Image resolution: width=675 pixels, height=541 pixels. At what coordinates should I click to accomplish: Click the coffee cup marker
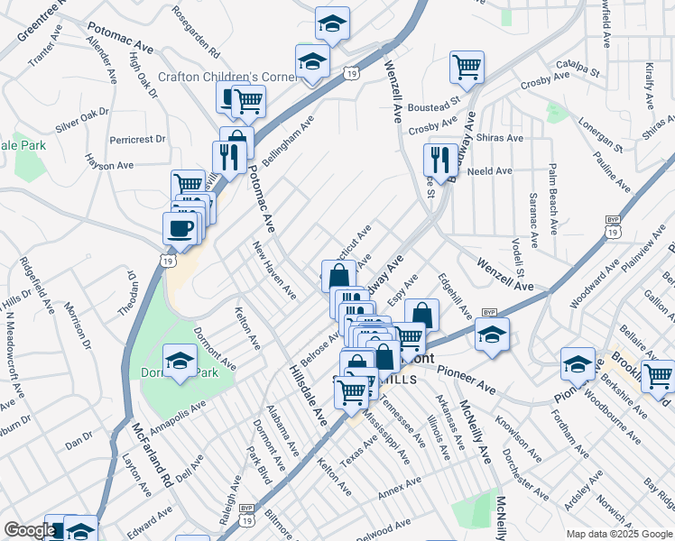[180, 226]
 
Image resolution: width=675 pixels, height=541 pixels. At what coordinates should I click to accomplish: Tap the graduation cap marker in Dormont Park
[180, 362]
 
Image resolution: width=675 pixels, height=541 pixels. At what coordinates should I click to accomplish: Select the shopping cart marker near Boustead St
[467, 66]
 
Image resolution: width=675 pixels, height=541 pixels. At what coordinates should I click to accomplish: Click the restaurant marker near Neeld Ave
[440, 160]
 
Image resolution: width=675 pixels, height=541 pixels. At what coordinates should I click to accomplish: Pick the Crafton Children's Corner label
[228, 77]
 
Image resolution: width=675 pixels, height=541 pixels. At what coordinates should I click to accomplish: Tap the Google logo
[30, 530]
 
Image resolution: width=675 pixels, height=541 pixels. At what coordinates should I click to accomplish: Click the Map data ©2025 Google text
[618, 534]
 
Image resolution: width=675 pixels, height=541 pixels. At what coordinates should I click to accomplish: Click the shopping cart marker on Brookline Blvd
[657, 375]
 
